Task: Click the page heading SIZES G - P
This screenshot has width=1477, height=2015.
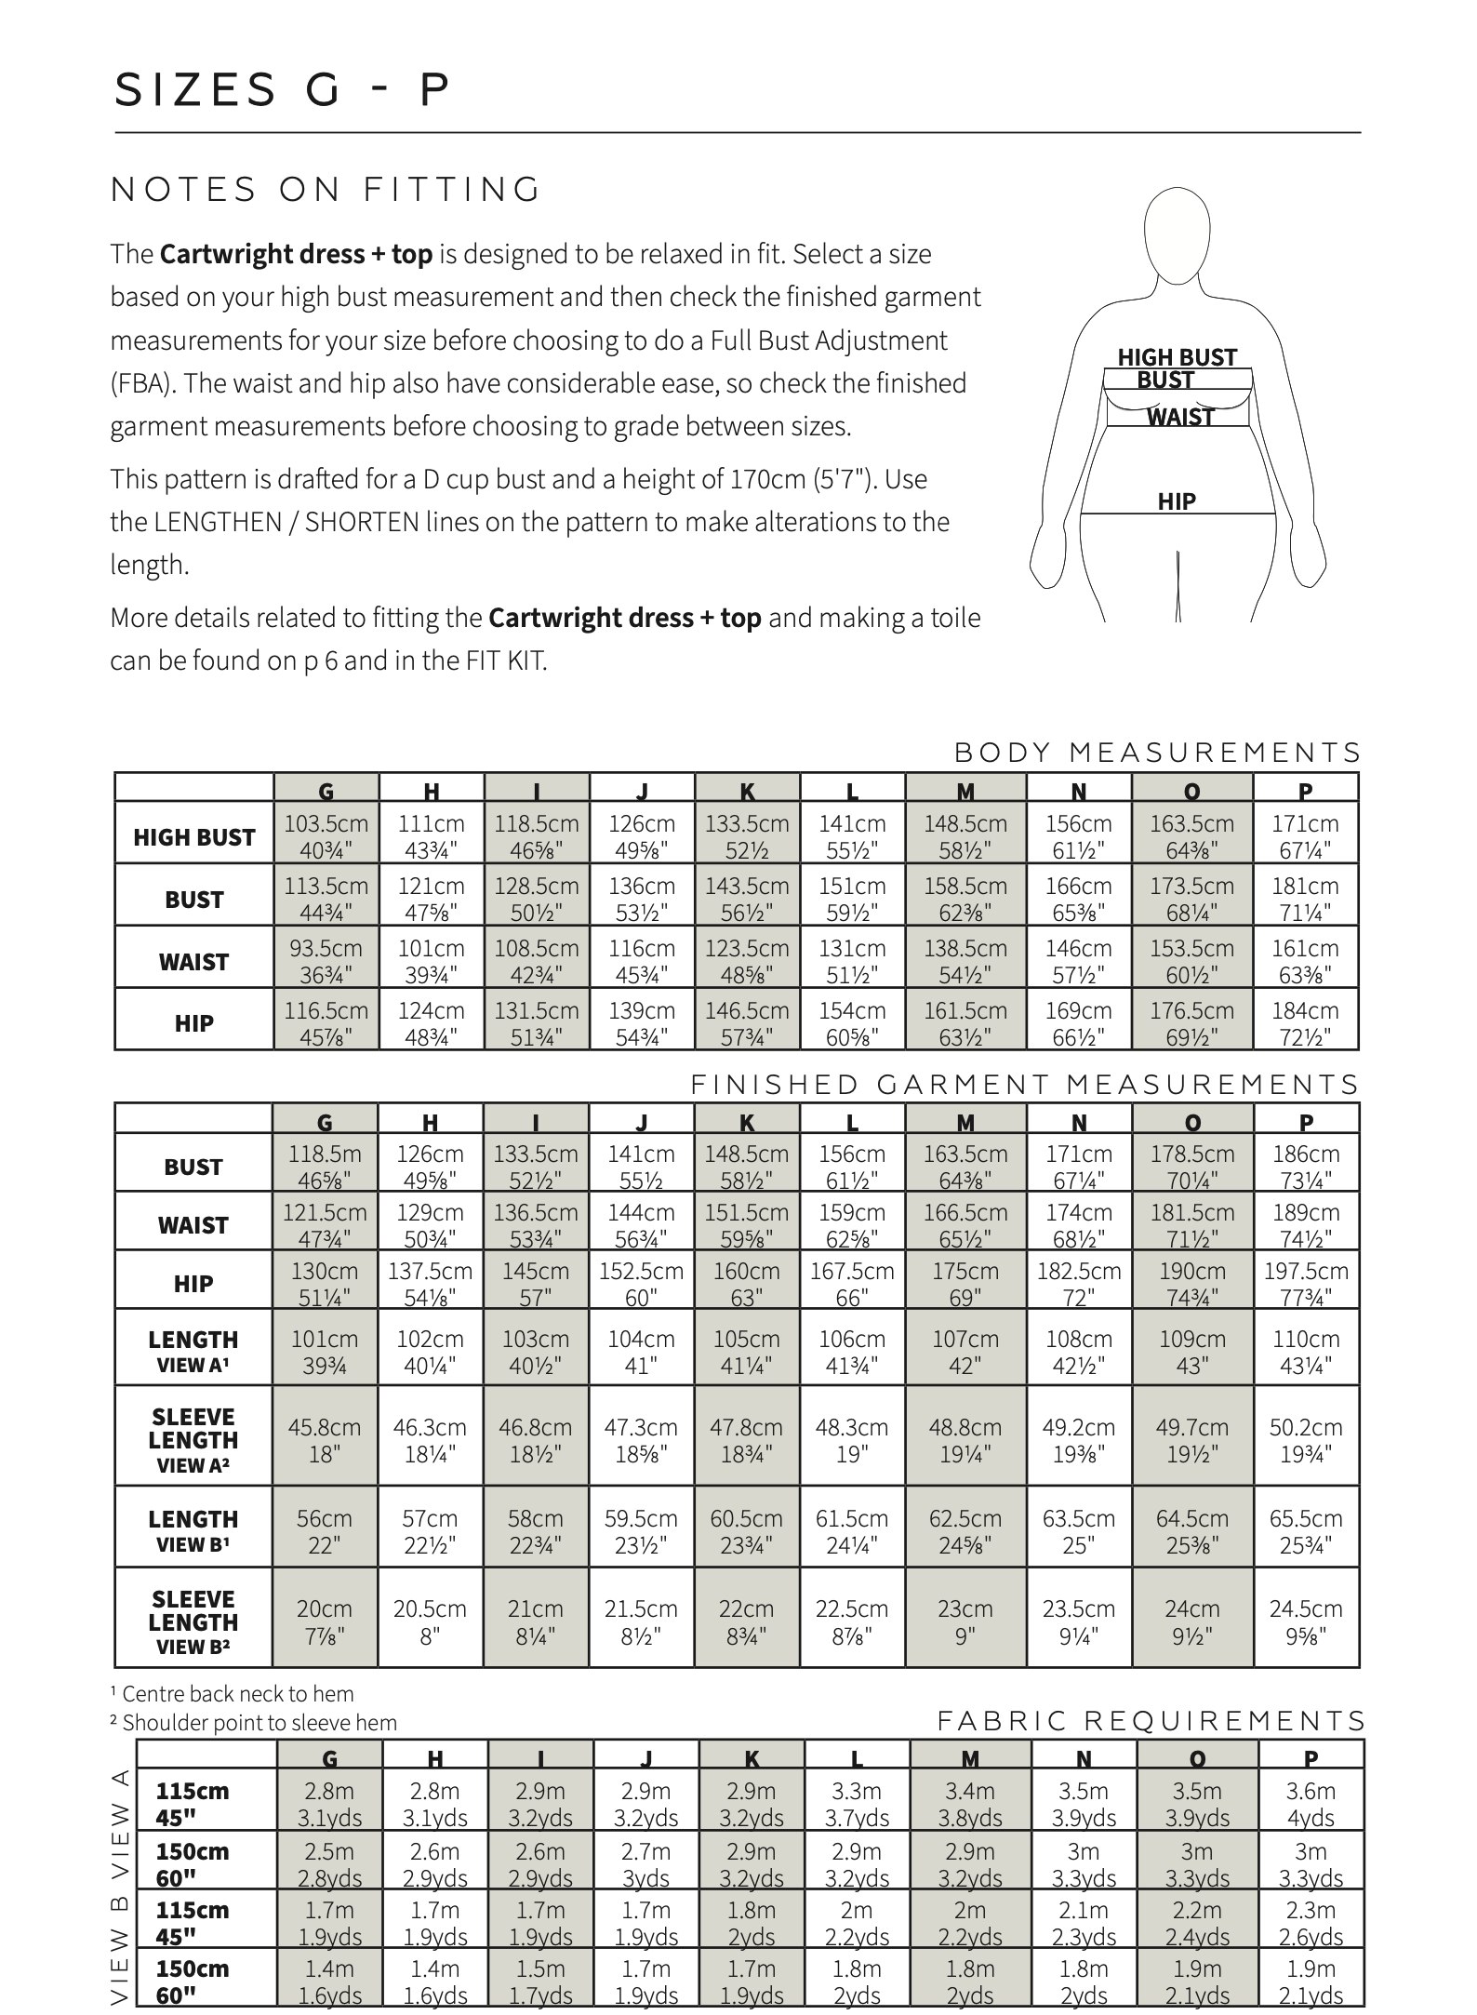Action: click(282, 90)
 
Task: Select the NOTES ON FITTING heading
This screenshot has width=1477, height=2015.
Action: click(326, 190)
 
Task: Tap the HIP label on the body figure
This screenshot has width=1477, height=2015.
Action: click(1177, 501)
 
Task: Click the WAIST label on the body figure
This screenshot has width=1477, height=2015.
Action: click(1180, 417)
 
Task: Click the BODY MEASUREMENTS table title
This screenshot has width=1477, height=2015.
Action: click(1157, 752)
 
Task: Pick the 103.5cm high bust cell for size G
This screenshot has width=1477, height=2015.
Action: click(326, 835)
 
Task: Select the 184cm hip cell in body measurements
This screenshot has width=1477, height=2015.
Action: click(1305, 1022)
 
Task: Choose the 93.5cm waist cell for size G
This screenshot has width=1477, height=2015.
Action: click(326, 960)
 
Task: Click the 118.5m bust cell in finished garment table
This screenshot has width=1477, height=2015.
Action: click(325, 1166)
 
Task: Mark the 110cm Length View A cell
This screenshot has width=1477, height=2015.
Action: click(1305, 1351)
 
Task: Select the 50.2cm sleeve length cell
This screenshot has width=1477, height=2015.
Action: click(1305, 1439)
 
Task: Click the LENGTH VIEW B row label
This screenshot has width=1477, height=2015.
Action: click(193, 1530)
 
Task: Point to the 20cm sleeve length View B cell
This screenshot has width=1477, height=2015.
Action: click(325, 1621)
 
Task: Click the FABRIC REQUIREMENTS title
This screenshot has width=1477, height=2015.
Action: click(1151, 1721)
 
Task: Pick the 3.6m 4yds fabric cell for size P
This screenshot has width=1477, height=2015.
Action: click(1311, 1804)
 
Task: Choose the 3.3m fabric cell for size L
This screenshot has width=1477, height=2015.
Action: click(857, 1804)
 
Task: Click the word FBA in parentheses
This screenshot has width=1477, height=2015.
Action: click(140, 383)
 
